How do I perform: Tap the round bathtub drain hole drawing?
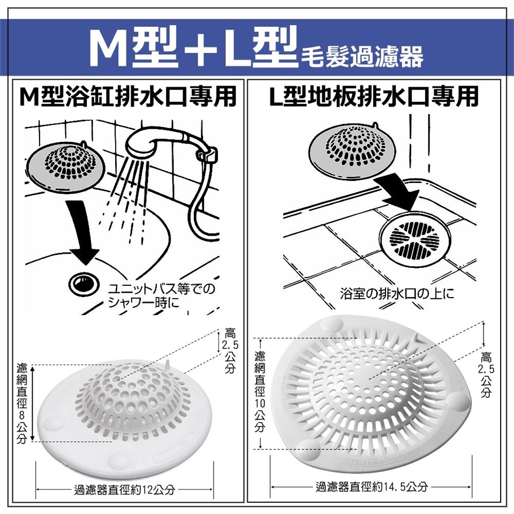click(84, 284)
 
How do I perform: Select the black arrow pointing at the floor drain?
click(398, 193)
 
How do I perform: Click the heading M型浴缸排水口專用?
click(128, 96)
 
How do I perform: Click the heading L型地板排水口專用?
click(373, 96)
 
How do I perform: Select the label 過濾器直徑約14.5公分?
click(372, 487)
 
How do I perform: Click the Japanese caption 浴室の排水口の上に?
click(397, 293)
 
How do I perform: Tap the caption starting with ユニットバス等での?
click(161, 296)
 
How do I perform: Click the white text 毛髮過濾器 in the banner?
click(362, 57)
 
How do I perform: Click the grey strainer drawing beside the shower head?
click(65, 167)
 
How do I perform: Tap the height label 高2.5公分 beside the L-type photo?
click(486, 374)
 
